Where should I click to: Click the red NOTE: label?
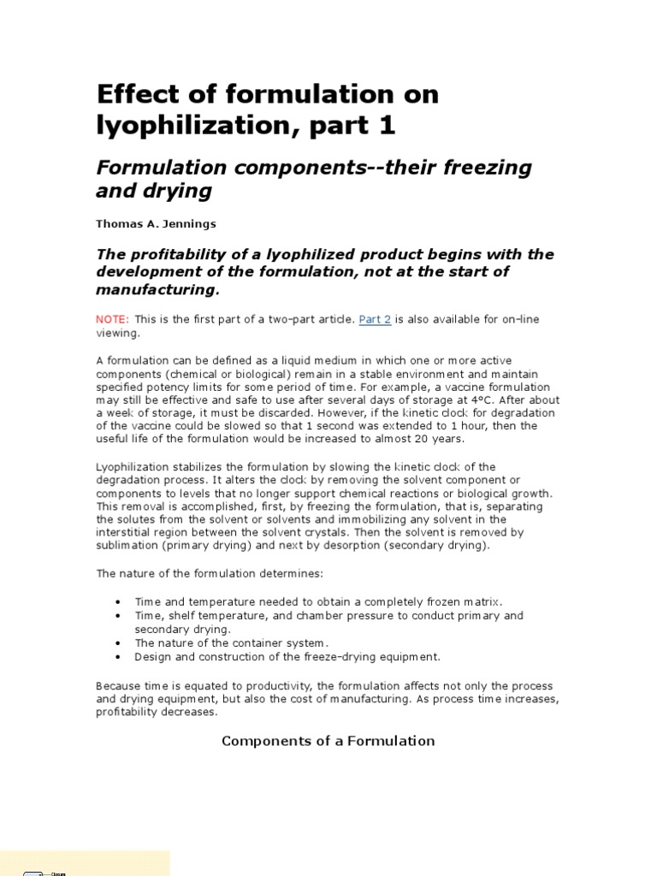[x=113, y=319]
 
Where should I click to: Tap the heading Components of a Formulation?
[x=328, y=741]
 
